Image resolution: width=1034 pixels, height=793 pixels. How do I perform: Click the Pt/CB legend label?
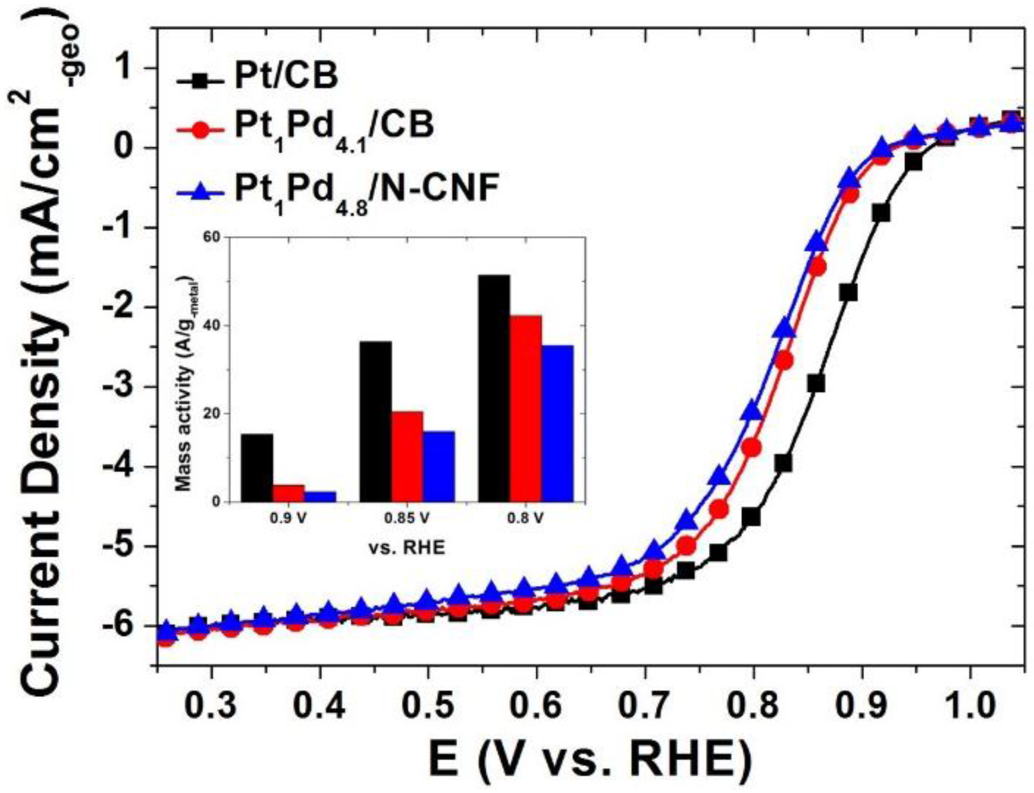point(286,76)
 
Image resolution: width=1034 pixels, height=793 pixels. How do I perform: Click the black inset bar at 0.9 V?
point(257,468)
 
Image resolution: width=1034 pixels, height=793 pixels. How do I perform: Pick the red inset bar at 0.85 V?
point(408,456)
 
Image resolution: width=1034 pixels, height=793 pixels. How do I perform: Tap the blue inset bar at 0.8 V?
point(557,423)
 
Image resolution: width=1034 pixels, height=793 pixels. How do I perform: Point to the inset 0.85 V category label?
point(407,518)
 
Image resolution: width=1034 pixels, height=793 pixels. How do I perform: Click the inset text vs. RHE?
point(407,548)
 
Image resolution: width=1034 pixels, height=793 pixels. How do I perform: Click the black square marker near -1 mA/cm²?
point(881,213)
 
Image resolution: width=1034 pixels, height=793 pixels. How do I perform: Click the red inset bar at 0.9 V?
point(288,493)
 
